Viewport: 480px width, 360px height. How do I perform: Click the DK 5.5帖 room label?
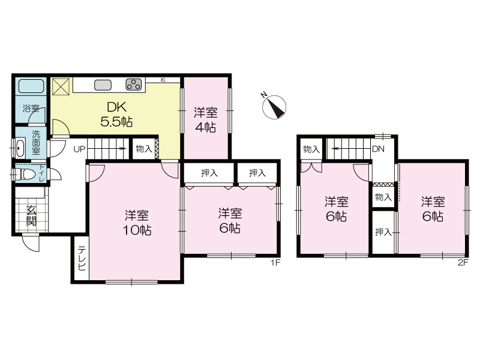(x=116, y=115)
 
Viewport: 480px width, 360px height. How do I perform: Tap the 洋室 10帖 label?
(x=137, y=223)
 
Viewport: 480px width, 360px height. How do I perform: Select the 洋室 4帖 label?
(x=205, y=119)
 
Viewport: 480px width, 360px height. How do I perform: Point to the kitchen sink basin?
(x=103, y=85)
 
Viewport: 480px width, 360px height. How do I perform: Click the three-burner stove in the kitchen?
(x=134, y=85)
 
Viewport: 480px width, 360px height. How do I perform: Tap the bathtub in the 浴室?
(x=31, y=86)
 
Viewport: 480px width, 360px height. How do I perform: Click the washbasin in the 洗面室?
(x=20, y=148)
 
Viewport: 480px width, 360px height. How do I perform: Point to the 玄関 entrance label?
(x=31, y=215)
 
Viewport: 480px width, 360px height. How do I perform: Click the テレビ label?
(x=82, y=259)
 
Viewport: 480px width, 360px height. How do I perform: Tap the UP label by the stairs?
(x=79, y=149)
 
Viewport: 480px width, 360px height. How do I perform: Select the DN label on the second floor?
(x=378, y=149)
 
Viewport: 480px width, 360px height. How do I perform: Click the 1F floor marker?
(x=275, y=262)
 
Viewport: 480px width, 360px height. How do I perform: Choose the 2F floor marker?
(x=463, y=262)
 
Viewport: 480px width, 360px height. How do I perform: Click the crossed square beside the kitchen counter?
(x=61, y=86)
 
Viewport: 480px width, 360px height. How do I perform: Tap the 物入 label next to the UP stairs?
(x=144, y=149)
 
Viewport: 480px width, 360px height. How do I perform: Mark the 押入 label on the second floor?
(x=383, y=232)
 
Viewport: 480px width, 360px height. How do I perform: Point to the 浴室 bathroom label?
(x=31, y=109)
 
